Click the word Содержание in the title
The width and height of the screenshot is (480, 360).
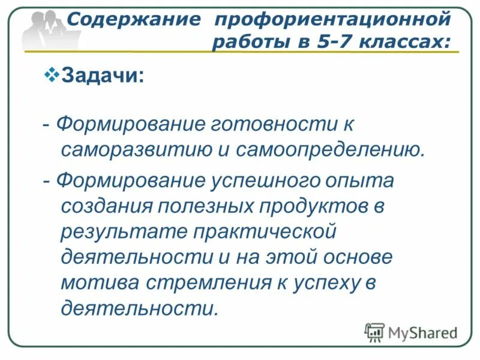pos(133,19)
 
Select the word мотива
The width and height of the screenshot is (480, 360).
pos(96,282)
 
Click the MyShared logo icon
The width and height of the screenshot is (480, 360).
pos(375,332)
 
